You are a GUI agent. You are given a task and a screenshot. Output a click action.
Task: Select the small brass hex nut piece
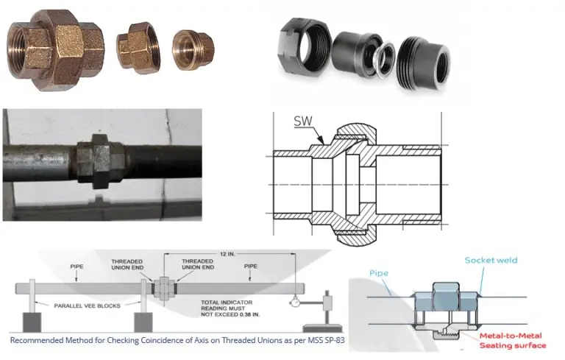tap(138, 48)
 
